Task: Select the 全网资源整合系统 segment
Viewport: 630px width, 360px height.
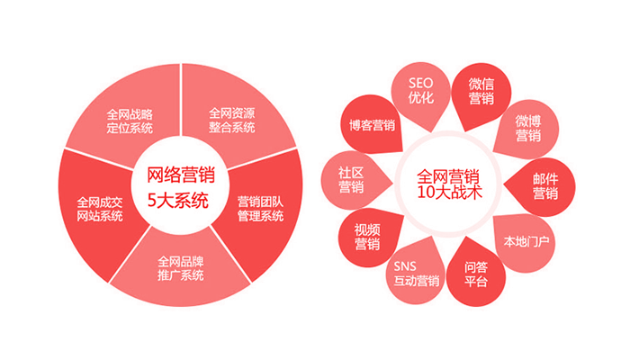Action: (x=232, y=120)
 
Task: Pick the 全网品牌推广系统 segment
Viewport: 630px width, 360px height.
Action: (x=181, y=267)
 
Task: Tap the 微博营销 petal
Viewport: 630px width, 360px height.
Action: (x=528, y=128)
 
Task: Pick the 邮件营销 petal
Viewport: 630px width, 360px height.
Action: (x=544, y=185)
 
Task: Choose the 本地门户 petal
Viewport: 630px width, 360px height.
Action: (x=527, y=241)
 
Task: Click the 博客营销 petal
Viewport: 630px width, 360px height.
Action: (x=372, y=125)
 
